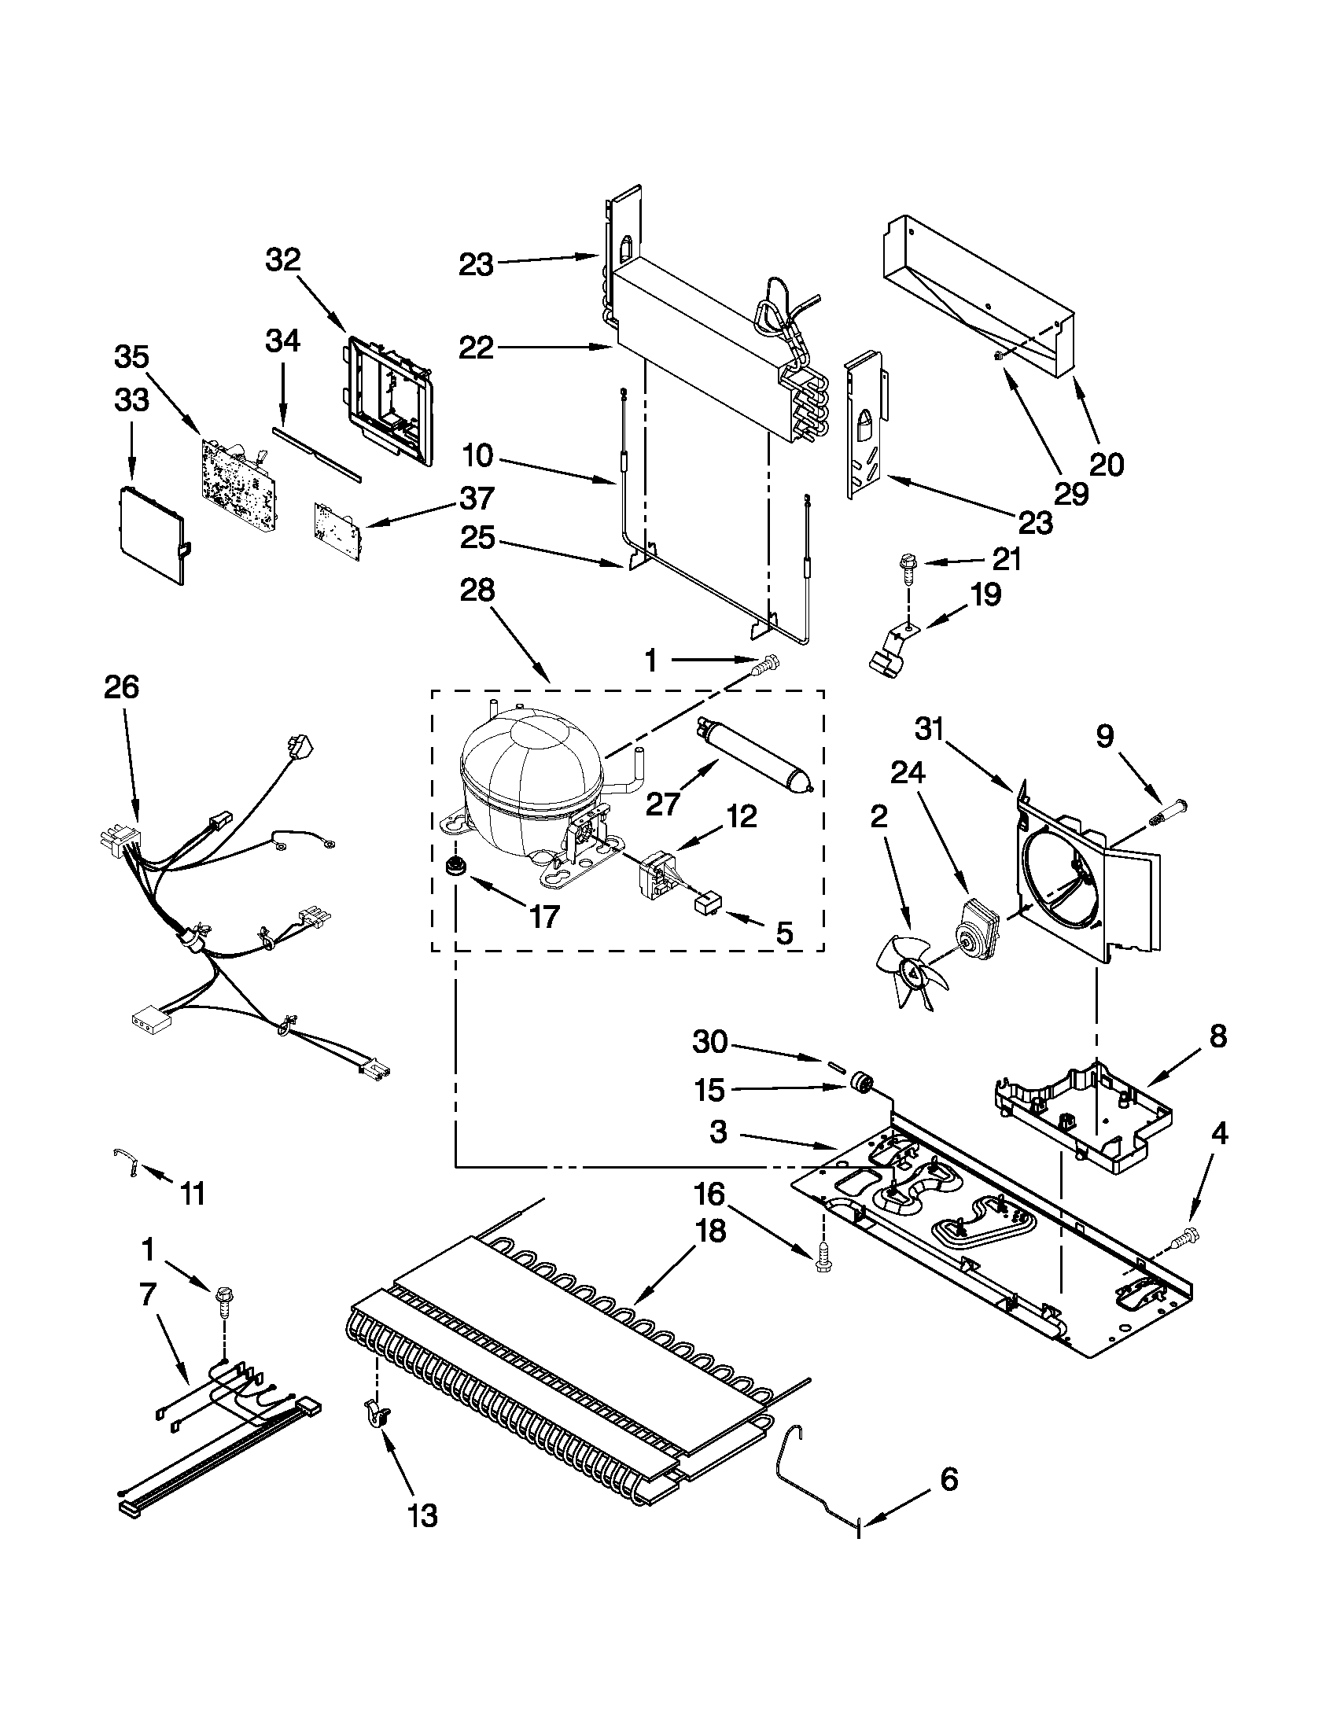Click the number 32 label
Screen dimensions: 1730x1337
tap(283, 259)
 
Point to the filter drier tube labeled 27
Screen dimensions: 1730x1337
tap(757, 756)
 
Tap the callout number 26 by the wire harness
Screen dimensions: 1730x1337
tap(121, 687)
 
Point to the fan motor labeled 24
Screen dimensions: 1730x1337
tap(977, 929)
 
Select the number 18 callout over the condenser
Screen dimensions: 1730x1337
tap(710, 1231)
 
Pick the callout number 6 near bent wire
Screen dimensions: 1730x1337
tap(948, 1479)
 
